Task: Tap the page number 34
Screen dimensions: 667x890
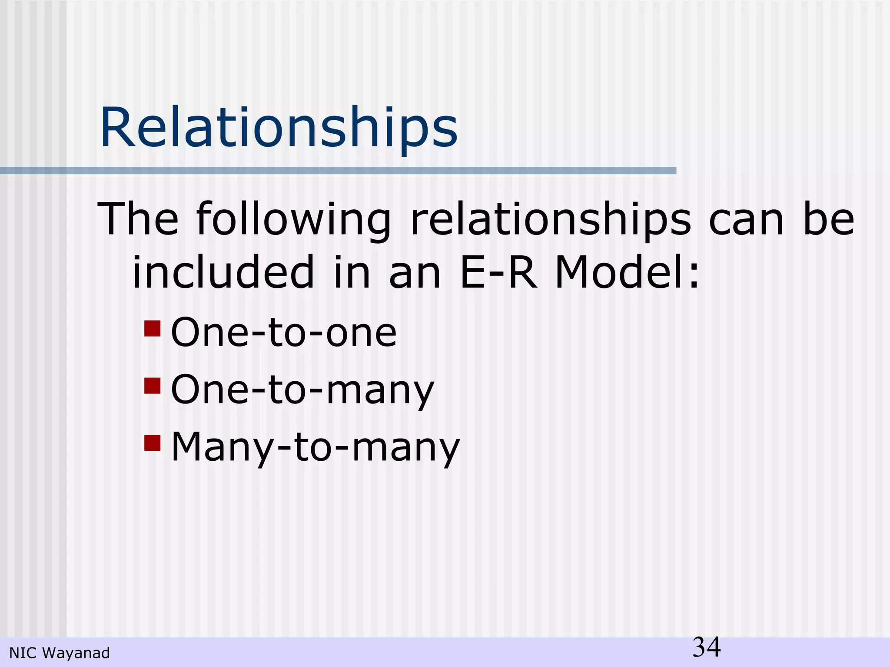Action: tap(707, 647)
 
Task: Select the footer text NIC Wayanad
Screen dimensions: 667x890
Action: tap(60, 653)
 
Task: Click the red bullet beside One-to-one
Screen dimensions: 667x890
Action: tap(153, 329)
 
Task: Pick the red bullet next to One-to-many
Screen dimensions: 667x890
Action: tap(153, 386)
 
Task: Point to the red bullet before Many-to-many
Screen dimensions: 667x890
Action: tap(153, 443)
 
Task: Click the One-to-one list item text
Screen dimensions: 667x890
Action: tap(284, 333)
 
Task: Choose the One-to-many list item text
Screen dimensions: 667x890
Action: tap(302, 390)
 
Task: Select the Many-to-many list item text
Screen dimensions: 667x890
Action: tap(315, 447)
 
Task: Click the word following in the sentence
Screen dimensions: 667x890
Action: tap(294, 219)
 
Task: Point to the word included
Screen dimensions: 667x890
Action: tap(223, 272)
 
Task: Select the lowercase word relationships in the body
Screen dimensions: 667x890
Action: tap(550, 219)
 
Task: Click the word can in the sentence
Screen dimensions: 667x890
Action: tap(746, 219)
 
